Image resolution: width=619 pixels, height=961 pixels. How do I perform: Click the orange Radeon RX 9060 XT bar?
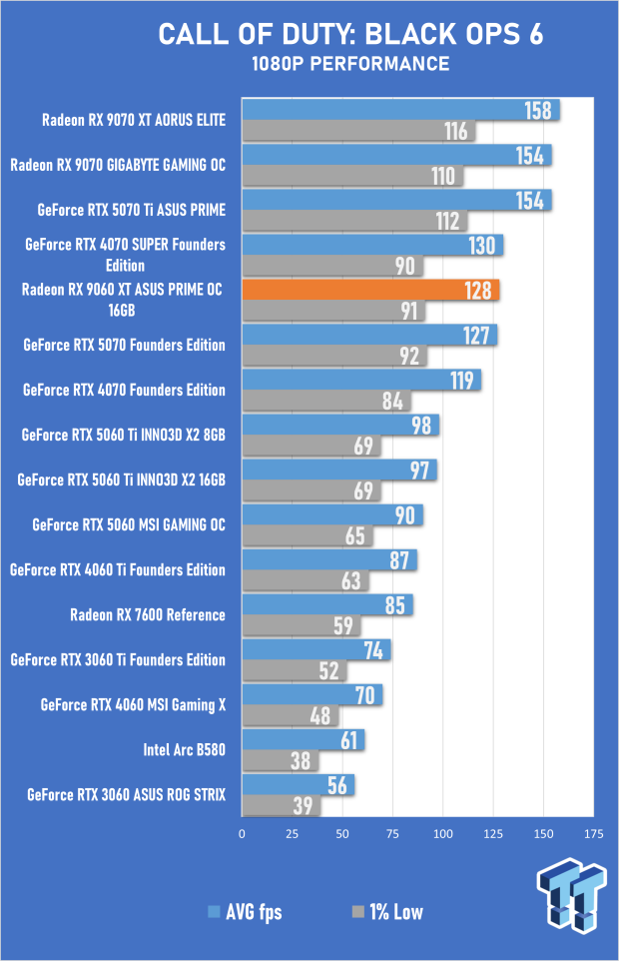(369, 290)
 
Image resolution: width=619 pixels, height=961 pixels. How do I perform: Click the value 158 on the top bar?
(538, 110)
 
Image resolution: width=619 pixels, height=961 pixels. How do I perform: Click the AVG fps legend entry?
(245, 912)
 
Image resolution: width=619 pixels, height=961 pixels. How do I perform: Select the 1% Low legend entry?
(389, 912)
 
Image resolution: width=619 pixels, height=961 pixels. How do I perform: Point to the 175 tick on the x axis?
(593, 832)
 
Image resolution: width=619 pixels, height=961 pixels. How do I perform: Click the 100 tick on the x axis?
(442, 832)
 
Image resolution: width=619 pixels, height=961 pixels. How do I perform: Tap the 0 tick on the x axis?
(242, 832)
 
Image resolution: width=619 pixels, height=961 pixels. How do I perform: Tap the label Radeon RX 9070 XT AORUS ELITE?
(134, 120)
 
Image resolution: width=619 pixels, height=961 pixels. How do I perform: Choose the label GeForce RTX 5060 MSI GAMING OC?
(129, 524)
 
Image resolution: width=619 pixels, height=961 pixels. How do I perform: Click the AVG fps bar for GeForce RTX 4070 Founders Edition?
(360, 380)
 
